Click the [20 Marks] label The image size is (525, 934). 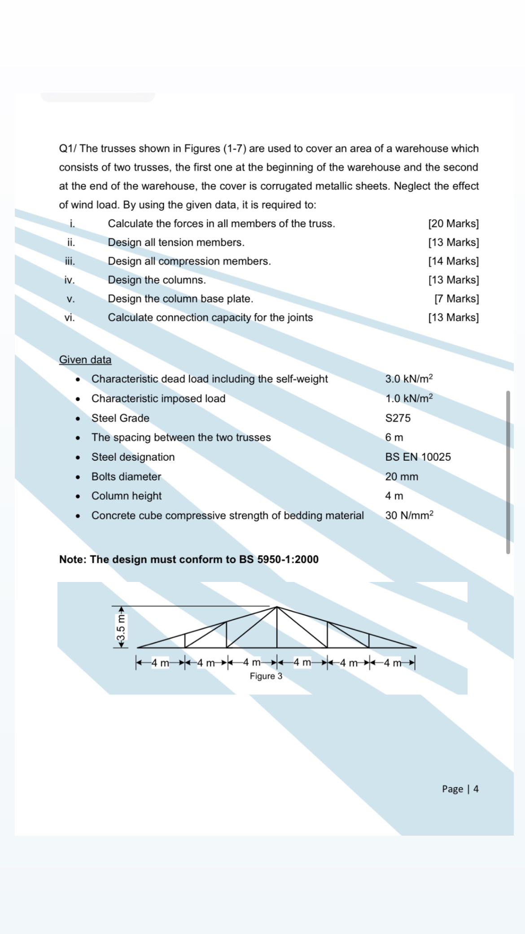(x=453, y=224)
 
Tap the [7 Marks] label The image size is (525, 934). (x=456, y=299)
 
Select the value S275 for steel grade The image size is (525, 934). (x=398, y=418)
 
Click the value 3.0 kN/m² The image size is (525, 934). (x=409, y=379)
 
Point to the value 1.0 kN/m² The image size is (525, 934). (x=409, y=398)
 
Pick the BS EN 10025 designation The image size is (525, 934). (x=418, y=457)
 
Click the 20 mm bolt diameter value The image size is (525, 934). (x=401, y=476)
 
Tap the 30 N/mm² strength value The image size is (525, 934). (x=409, y=515)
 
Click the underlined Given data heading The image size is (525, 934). (x=85, y=360)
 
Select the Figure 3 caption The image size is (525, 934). (x=266, y=676)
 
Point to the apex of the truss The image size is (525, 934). (x=277, y=607)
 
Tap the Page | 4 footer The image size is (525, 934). (x=460, y=789)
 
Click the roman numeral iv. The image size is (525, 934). (x=69, y=280)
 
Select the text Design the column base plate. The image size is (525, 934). (x=180, y=299)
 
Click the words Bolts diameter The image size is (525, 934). (x=126, y=476)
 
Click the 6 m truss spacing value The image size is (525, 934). (x=394, y=437)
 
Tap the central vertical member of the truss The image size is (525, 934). (x=277, y=628)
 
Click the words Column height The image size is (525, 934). (x=127, y=496)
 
